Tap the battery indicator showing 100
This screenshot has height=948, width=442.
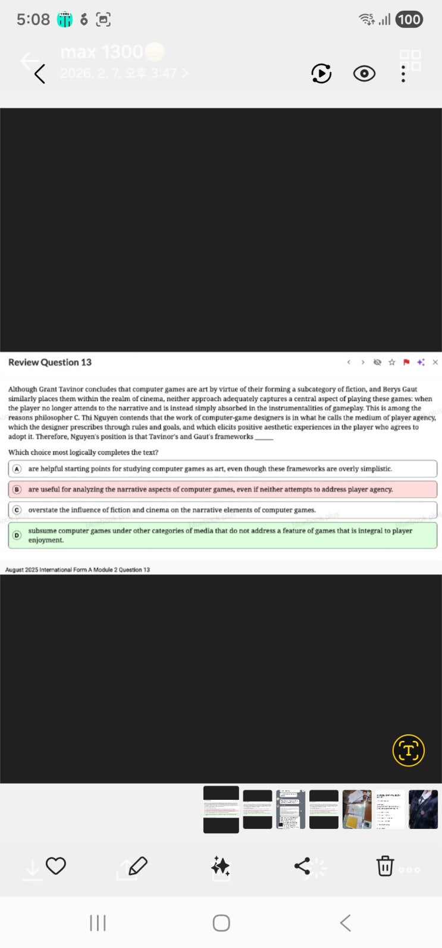click(409, 20)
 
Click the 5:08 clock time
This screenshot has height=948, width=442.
click(33, 20)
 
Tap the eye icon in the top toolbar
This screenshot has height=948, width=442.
click(364, 73)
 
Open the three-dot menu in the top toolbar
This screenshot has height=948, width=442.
click(403, 73)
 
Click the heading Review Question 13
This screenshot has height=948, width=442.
click(50, 362)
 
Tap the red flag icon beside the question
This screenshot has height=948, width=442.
click(406, 362)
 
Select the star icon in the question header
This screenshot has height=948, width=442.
click(391, 362)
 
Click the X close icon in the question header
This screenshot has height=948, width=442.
click(435, 362)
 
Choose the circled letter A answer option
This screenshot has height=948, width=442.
click(17, 469)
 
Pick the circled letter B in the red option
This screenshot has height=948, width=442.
click(17, 489)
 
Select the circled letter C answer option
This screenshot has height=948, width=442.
click(17, 510)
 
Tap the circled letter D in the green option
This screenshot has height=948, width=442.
click(17, 535)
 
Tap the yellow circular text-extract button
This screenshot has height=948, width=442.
click(409, 750)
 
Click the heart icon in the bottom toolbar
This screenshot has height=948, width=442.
click(56, 866)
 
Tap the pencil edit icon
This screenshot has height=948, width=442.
click(137, 866)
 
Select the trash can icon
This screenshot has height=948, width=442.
click(385, 866)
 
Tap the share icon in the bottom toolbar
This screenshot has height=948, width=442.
click(302, 866)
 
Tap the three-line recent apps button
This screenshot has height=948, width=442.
click(98, 923)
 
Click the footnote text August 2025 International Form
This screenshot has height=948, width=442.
click(77, 570)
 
